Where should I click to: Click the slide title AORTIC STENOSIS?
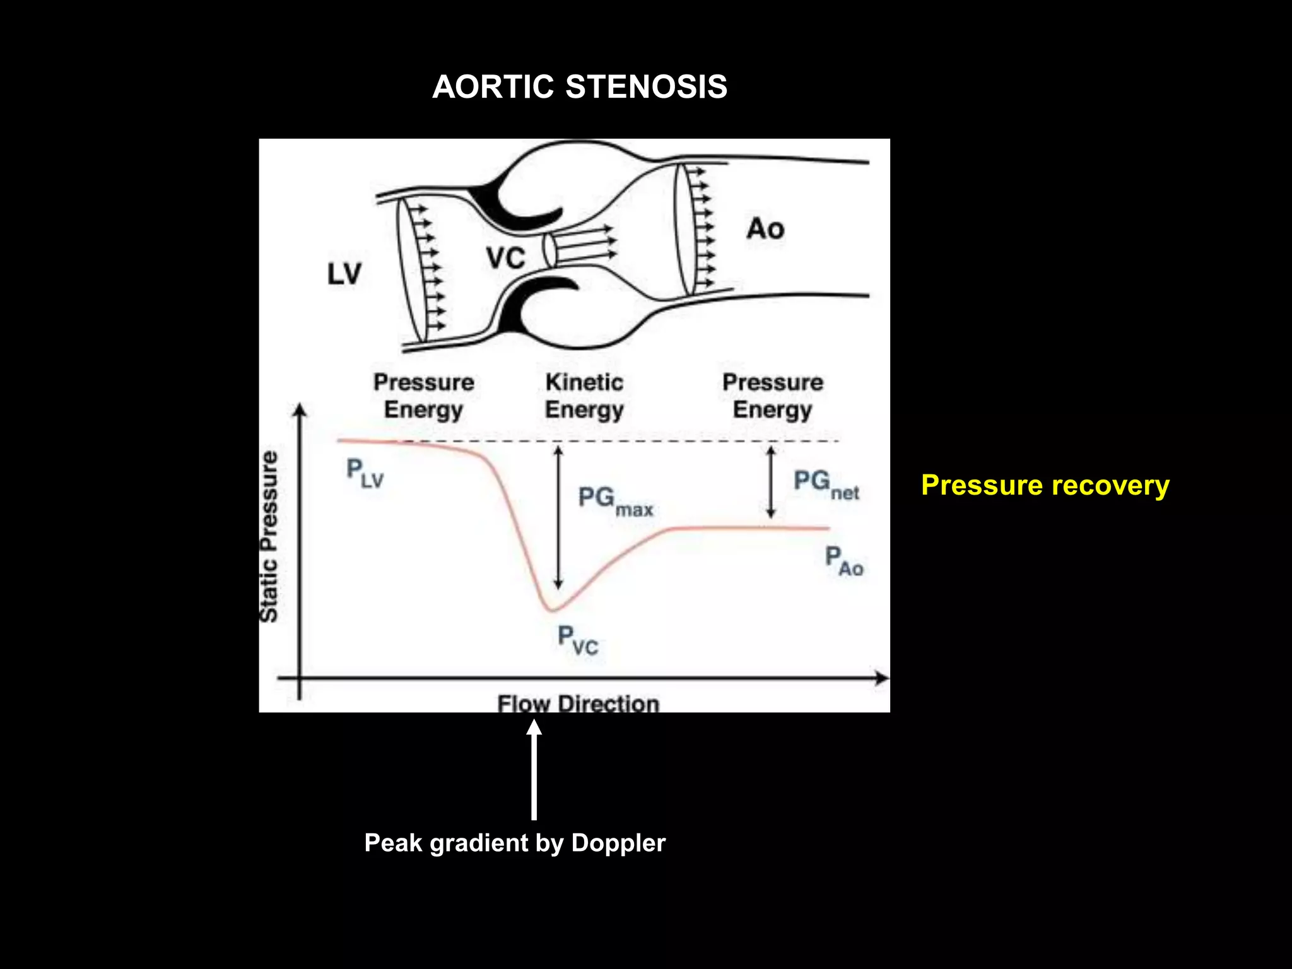tap(579, 86)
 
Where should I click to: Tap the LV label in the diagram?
tap(344, 274)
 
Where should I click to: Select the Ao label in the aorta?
tap(765, 228)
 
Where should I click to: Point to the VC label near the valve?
tap(505, 258)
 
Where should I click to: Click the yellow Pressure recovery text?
tap(1045, 485)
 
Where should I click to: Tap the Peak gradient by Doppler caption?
tap(515, 843)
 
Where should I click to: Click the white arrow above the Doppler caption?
tap(534, 770)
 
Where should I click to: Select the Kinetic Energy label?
tap(584, 396)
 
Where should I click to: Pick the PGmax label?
tap(614, 501)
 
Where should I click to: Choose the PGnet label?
tap(825, 484)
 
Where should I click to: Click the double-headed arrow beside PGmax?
tap(558, 517)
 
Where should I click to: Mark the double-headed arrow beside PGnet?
tap(770, 482)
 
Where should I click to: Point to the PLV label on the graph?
tap(365, 473)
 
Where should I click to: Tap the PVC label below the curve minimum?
tap(577, 640)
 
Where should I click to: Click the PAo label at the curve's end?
tap(844, 561)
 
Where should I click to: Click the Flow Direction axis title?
tap(578, 703)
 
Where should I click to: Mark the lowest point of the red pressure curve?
tap(551, 610)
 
